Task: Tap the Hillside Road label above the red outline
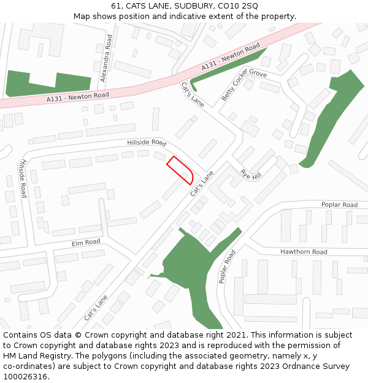pos(147,142)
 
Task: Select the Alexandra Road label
pos(106,58)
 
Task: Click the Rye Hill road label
pos(251,175)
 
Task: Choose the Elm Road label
pos(86,242)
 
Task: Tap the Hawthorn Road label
pos(304,252)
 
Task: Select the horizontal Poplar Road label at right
pos(339,205)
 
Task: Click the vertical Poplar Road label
pos(227,267)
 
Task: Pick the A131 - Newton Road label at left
pos(77,96)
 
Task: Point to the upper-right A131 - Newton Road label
pos(231,58)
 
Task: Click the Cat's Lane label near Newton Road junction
pos(192,94)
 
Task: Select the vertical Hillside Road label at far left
pos(23,178)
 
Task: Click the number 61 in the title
pos(116,6)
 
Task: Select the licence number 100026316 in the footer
pos(26,376)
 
